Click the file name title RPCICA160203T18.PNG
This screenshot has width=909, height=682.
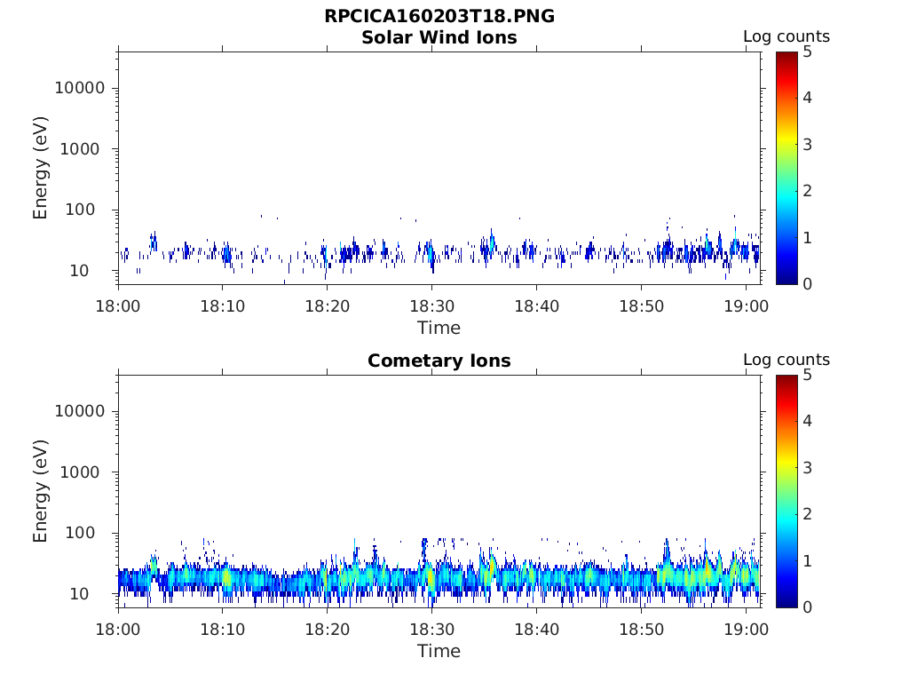pos(439,16)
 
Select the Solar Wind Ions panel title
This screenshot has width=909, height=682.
pos(439,37)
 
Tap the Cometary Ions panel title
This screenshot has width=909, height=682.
pos(439,361)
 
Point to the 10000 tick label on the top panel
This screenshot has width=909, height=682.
pos(79,88)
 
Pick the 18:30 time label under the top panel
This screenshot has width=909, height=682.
pos(432,306)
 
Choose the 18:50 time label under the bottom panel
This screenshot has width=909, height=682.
pos(641,630)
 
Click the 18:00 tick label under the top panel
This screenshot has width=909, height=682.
pos(118,306)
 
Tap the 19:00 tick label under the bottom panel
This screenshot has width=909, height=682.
pos(746,630)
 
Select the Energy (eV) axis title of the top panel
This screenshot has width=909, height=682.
pos(40,168)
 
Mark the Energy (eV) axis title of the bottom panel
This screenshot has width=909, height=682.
pos(40,491)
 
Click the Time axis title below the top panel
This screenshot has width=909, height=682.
pos(439,329)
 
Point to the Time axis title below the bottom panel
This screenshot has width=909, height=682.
pos(439,651)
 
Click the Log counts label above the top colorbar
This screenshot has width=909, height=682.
pos(786,36)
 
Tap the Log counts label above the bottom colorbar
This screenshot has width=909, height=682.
pos(786,360)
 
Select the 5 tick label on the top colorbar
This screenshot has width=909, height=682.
pos(807,52)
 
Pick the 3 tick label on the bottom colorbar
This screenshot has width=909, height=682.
pos(807,468)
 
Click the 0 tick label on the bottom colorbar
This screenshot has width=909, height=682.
pos(807,607)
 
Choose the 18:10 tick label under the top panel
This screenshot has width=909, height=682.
pos(223,306)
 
